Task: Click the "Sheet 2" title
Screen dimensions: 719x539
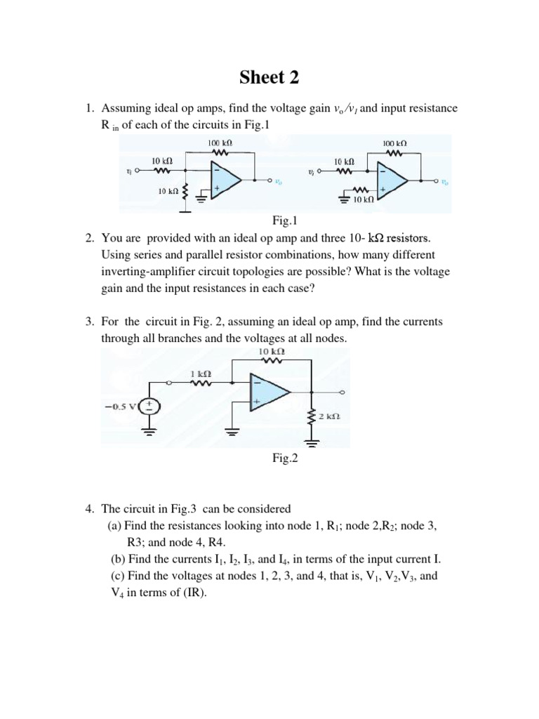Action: tap(269, 78)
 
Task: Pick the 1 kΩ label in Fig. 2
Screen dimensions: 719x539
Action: tap(201, 374)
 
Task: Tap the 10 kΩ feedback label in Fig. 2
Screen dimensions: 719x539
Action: tap(271, 350)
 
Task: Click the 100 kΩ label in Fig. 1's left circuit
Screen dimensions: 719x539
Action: tap(220, 143)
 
